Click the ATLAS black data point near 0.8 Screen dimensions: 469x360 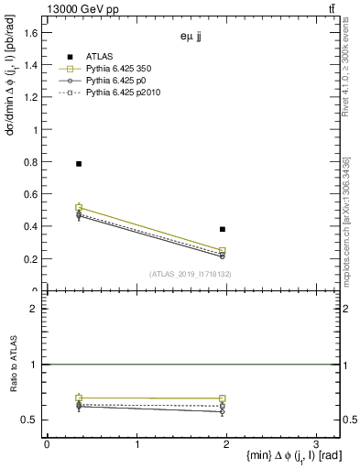coord(79,163)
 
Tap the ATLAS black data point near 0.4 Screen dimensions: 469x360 coord(223,229)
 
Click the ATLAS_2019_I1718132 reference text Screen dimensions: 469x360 coord(191,274)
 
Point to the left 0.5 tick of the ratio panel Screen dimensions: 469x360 coord(33,420)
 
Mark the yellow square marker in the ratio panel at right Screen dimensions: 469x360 coord(223,399)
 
